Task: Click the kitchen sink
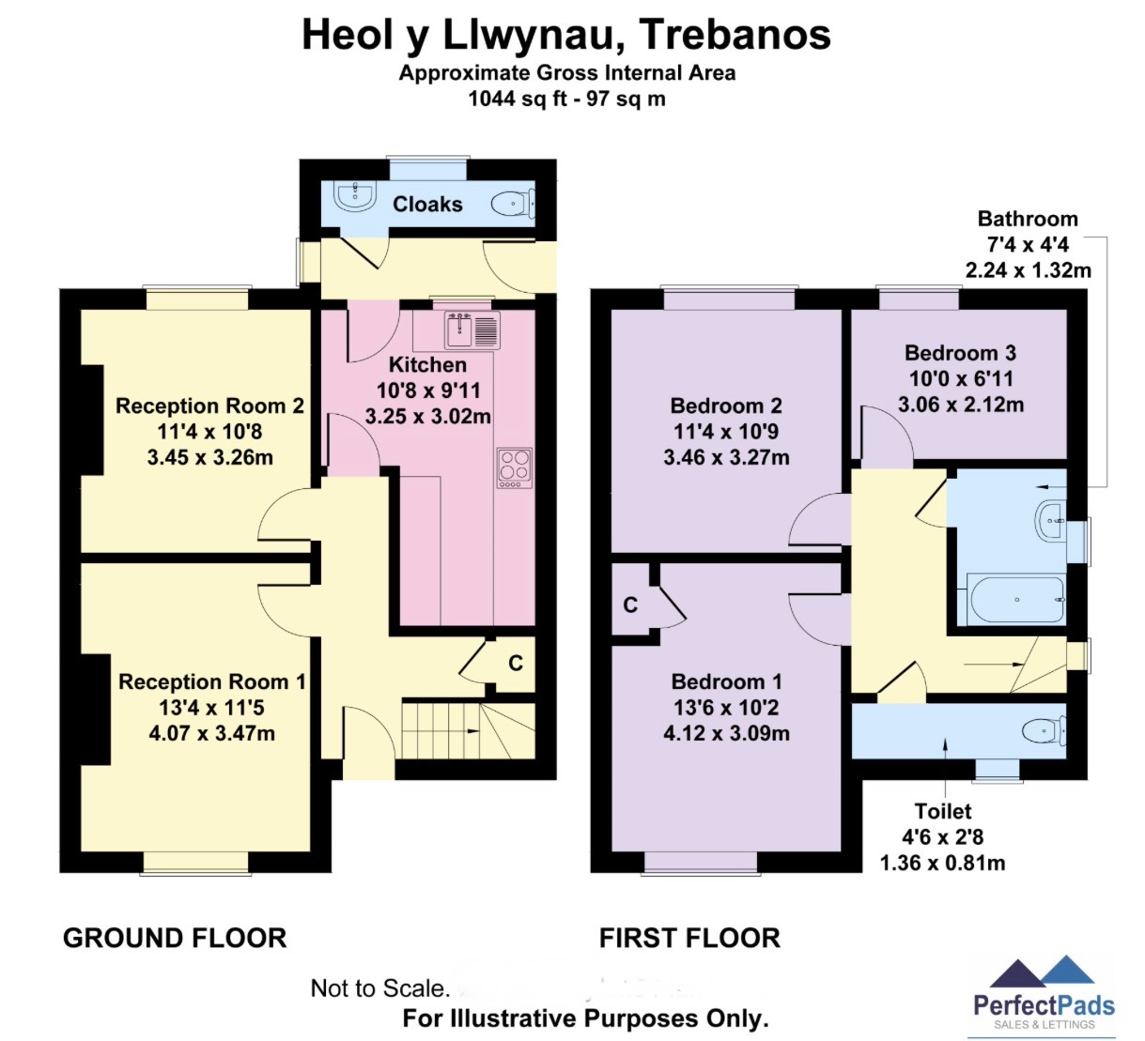coord(472,329)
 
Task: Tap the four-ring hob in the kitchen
coord(515,467)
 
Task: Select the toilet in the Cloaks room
coord(513,203)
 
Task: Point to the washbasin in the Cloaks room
coord(354,196)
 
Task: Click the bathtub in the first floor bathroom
coord(1016,600)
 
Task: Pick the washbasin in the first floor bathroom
coord(1050,520)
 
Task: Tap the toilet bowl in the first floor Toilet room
coord(1044,730)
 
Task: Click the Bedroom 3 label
coord(960,353)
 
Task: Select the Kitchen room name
coord(427,364)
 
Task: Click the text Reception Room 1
coord(211,681)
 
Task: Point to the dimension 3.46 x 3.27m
coord(726,457)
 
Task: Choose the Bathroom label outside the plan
coord(1028,219)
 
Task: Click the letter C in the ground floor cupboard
coord(516,663)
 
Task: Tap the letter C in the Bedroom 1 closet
coord(630,605)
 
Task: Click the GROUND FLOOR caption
coord(175,939)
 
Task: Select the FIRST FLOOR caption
coord(689,939)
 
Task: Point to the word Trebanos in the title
coord(735,35)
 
